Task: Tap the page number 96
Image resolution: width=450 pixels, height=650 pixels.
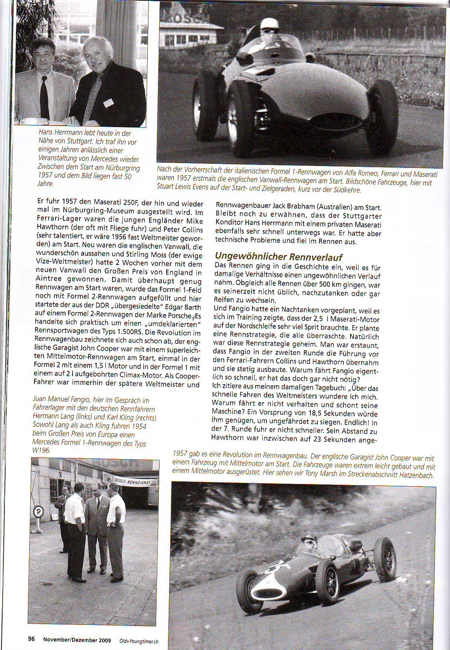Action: coord(31,639)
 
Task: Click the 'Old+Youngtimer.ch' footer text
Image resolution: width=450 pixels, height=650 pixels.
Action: coord(139,639)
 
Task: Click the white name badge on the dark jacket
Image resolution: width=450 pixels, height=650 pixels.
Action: coord(108,103)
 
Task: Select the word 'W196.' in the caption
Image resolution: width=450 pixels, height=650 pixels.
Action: coord(41,451)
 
